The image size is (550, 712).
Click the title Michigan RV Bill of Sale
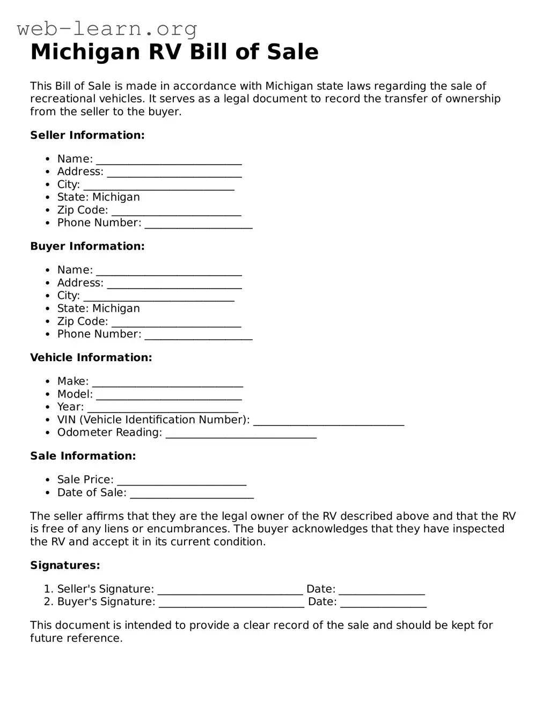coord(174,52)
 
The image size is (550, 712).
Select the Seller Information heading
coord(87,135)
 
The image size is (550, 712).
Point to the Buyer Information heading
coord(87,246)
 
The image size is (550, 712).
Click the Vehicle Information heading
coord(91,357)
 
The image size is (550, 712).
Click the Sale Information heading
coord(83,456)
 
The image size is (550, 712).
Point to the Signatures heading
coord(65,566)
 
